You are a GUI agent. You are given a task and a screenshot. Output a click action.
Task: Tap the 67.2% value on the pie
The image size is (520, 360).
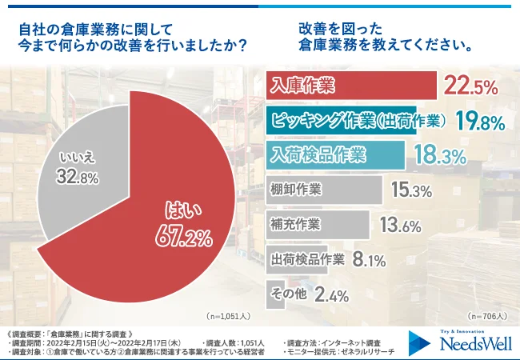click(x=185, y=237)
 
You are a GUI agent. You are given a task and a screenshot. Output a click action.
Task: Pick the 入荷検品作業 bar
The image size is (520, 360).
click(x=335, y=154)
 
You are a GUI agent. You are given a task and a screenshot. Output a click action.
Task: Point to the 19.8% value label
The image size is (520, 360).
click(x=479, y=122)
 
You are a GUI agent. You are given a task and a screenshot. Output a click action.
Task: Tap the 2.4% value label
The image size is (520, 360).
click(x=331, y=295)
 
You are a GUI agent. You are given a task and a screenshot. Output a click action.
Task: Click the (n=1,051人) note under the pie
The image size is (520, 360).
click(x=228, y=316)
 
